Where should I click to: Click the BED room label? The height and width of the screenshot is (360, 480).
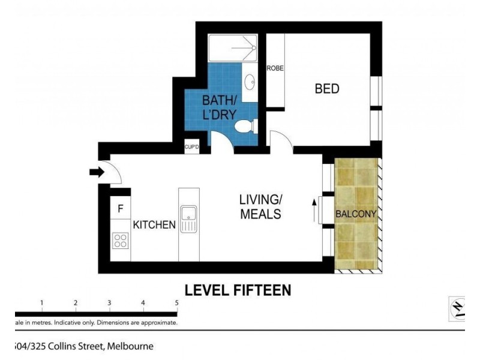pos(327,89)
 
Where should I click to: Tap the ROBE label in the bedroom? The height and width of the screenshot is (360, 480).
pos(275,68)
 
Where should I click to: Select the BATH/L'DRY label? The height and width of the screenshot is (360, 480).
pos(218,106)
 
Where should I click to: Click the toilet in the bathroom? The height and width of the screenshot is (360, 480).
pos(245,127)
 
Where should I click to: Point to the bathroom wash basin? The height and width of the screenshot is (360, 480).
pos(250,81)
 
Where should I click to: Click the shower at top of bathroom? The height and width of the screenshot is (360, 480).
pos(233,45)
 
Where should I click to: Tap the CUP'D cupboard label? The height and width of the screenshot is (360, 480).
pos(191,146)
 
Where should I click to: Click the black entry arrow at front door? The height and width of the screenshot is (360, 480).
pos(96,172)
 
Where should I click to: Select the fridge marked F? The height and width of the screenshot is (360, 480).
pos(121,209)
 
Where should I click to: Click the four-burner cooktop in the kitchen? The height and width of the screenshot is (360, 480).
pos(121,240)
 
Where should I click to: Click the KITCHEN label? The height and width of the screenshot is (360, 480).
pos(154,225)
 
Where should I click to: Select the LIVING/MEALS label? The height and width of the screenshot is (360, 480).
pos(260,206)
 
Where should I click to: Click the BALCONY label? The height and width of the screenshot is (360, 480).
pos(356,214)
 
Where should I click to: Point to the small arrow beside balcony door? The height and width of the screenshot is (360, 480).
pos(314,211)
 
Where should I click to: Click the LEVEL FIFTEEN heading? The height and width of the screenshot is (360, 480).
pos(238,290)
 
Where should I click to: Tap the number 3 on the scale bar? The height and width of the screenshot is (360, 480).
pos(109,303)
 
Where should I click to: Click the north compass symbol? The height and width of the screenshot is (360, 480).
pos(457,308)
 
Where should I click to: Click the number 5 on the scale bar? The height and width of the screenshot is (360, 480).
pos(176,303)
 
